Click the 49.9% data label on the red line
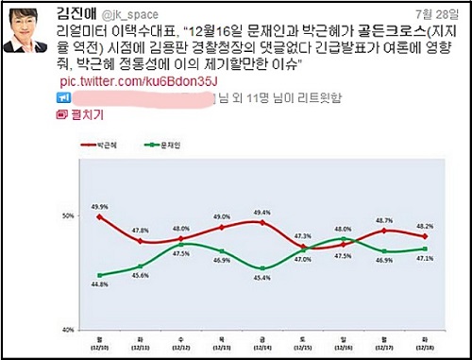click(x=98, y=206)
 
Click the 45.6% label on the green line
click(x=140, y=275)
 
